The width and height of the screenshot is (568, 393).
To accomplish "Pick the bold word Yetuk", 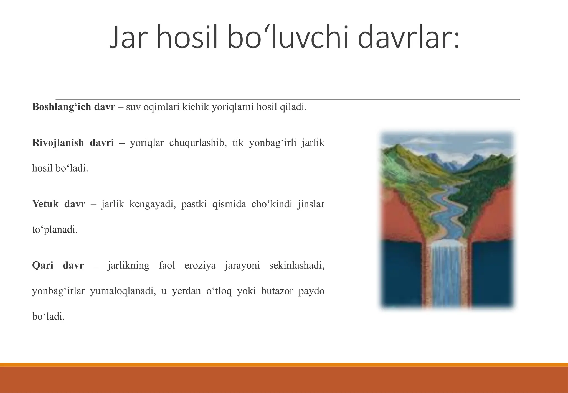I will point(45,204).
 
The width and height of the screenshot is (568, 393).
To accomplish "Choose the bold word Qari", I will point(43,265).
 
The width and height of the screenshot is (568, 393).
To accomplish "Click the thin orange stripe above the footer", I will point(284,365).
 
